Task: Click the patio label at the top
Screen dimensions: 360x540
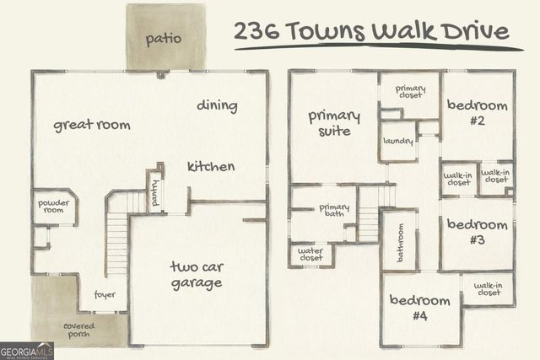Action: [x=164, y=39]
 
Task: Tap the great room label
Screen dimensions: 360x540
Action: [x=92, y=125]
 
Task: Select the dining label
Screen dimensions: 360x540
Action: [x=217, y=105]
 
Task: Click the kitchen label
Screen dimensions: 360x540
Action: [x=211, y=166]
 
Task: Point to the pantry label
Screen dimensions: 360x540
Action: [x=154, y=192]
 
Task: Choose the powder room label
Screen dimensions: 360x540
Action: [x=53, y=207]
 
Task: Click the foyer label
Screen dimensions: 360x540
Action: [x=105, y=295]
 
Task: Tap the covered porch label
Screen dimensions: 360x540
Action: [x=78, y=330]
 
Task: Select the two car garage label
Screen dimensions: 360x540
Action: [x=196, y=275]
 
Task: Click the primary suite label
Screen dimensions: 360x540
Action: [x=334, y=123]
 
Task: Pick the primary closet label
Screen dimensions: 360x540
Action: [x=410, y=92]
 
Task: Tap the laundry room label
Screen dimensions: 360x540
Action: [x=397, y=142]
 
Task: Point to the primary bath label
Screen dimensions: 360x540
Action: [x=335, y=212]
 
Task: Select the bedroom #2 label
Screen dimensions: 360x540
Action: [x=478, y=112]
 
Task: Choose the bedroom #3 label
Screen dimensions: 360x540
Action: [x=478, y=232]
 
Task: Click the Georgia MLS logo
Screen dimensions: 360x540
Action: [x=26, y=350]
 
